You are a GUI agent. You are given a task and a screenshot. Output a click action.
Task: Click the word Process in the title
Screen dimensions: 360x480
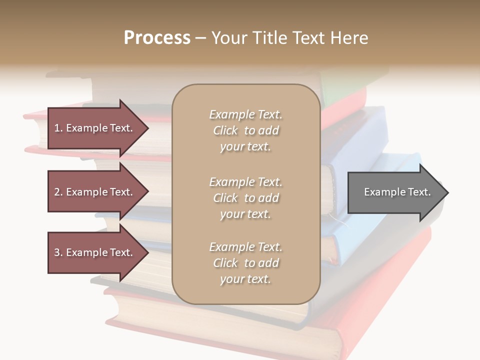pos(157,38)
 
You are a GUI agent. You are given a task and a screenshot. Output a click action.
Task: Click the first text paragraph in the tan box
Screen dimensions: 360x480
pos(245,130)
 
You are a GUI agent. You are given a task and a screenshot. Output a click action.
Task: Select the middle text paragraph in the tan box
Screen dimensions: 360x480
pos(245,198)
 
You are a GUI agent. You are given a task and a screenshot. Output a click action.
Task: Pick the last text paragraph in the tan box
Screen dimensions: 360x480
pos(245,263)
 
